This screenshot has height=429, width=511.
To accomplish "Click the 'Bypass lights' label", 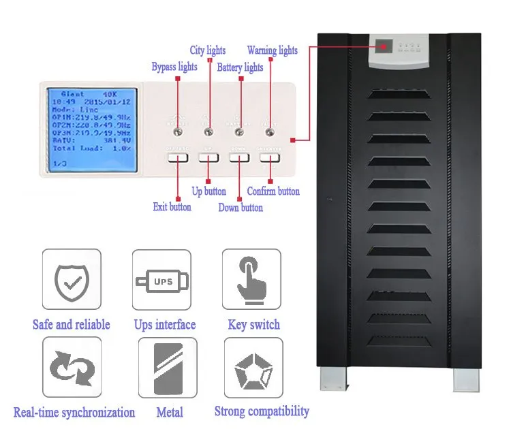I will tap(174, 67).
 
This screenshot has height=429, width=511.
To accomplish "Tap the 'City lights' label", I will tap(207, 50).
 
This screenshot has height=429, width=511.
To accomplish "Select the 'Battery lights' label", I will tap(240, 67).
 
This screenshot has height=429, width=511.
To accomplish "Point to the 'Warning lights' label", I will tap(272, 50).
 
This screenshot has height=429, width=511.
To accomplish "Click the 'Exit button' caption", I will tap(172, 206).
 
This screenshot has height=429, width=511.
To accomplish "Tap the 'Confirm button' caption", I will tap(273, 191).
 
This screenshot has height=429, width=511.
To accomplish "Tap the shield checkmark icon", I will tap(72, 279).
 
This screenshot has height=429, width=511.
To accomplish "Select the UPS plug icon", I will tap(161, 279).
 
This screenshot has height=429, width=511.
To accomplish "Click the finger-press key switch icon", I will tap(251, 279).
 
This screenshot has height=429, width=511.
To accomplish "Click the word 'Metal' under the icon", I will tap(170, 413).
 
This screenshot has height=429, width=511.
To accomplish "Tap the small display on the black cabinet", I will tap(385, 48).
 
